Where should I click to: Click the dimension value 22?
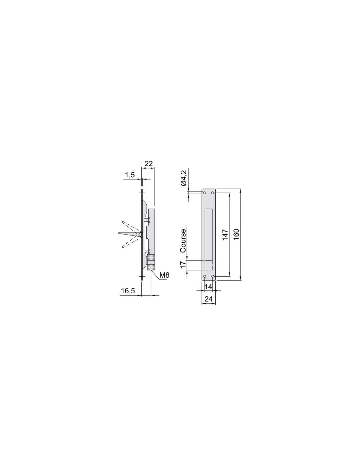pos(149,164)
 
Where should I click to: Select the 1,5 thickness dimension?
pos(130,175)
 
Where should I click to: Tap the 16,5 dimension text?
pos(128,291)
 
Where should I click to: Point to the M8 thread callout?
pos(165,275)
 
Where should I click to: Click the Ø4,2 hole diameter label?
pos(184,178)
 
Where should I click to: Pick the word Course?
pos(183,241)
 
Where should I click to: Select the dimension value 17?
pos(183,265)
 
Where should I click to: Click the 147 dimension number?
pos(225,235)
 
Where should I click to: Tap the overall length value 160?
pos(236,235)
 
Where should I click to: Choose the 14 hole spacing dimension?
pos(208,286)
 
